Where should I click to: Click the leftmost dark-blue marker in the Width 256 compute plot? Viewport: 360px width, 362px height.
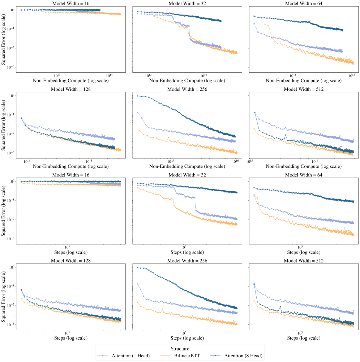138,96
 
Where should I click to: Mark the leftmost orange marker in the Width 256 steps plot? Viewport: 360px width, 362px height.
138,302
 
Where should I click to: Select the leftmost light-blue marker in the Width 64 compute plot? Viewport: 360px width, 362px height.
254,24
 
